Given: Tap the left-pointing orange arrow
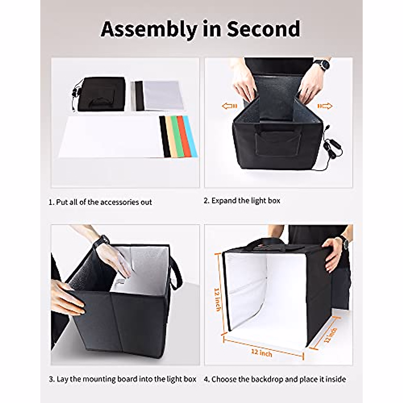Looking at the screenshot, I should (229, 106).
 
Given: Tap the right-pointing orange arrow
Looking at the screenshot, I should (325, 106).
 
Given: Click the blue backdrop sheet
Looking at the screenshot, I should (190, 136).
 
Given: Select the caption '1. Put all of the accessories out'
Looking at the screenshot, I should (100, 202).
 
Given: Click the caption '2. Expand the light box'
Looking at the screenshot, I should (242, 201).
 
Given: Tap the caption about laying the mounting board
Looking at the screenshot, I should (123, 379).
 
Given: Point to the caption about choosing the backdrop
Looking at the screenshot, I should (275, 379).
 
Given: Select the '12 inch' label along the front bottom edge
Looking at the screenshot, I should (262, 353).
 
